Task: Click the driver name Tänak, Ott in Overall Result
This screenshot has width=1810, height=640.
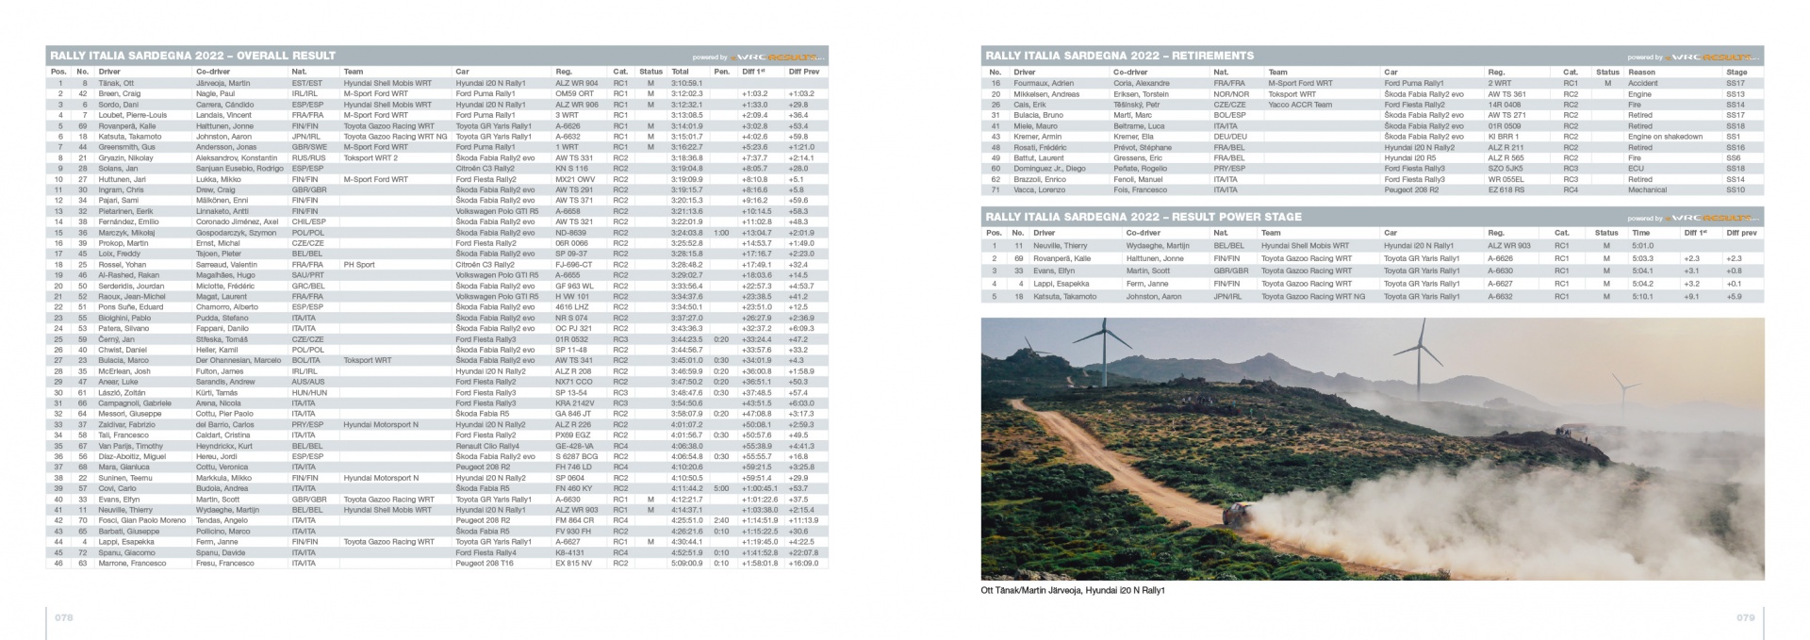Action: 116,83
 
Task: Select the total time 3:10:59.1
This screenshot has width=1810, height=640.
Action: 687,83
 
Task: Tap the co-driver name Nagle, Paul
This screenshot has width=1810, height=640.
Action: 216,93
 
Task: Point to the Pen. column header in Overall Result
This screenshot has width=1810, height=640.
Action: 722,72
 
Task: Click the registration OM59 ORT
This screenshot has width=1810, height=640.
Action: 574,93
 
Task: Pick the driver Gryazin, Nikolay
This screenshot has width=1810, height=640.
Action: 125,157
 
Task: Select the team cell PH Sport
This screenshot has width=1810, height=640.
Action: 359,264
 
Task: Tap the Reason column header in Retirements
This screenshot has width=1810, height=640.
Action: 1641,72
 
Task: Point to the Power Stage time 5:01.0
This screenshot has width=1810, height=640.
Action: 1642,245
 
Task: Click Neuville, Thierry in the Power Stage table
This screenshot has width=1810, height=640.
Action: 1060,245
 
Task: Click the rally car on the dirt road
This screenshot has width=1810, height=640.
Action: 1237,515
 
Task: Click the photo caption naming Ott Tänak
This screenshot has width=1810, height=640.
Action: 1073,591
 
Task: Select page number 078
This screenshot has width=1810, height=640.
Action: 63,617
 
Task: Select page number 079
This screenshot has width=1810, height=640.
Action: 1745,617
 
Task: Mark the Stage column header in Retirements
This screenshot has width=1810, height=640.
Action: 1736,72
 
